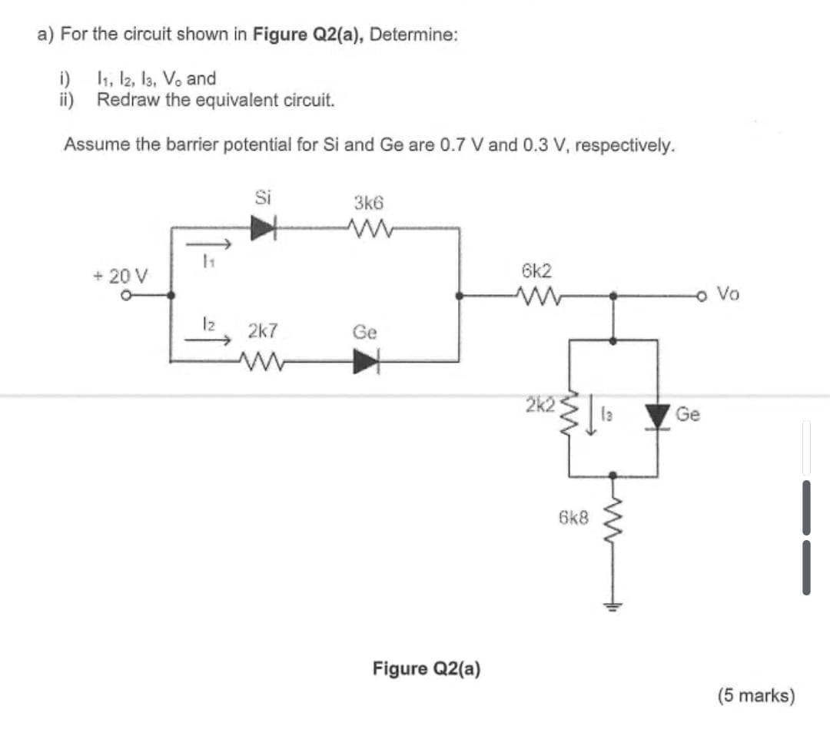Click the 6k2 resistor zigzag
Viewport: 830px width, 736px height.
(x=536, y=294)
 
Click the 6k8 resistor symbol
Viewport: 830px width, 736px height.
(x=613, y=518)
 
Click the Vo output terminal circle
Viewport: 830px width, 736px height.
(x=701, y=294)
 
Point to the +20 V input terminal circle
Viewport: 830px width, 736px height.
(x=131, y=294)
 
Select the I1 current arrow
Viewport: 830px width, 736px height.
(x=216, y=245)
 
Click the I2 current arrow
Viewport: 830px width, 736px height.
(x=216, y=345)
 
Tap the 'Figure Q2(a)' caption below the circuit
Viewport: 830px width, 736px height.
(x=427, y=668)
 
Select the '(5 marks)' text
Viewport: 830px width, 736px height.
(x=756, y=695)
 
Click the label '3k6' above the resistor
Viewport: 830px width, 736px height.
(x=369, y=203)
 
